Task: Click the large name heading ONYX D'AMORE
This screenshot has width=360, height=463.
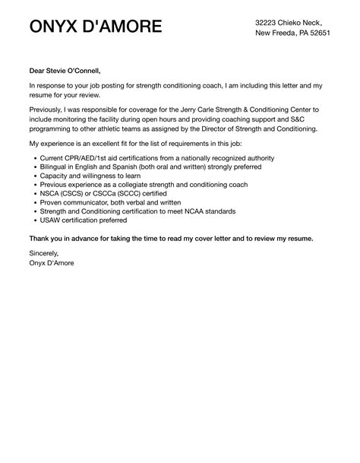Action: pyautogui.click(x=95, y=27)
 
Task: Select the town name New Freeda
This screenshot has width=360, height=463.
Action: pyautogui.click(x=276, y=33)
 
